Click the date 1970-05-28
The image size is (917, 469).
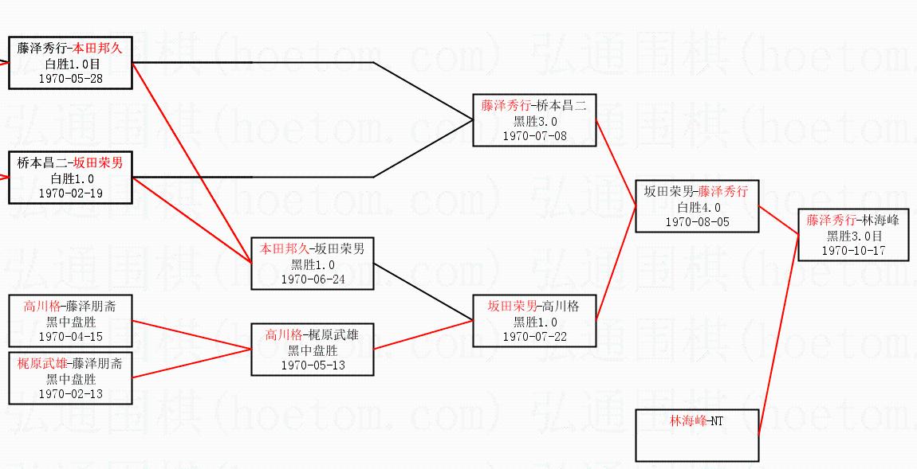point(70,78)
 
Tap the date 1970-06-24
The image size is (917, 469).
point(313,279)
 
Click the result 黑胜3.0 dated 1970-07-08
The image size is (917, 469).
point(535,121)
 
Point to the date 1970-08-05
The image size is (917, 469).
point(697,222)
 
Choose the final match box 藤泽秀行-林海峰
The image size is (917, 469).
point(854,235)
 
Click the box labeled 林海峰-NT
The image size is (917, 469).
point(696,435)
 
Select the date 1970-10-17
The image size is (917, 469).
point(854,250)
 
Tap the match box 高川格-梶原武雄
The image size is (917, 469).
point(312,350)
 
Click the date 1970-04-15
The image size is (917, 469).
point(70,336)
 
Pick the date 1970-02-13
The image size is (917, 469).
point(70,393)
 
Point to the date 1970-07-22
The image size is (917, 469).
point(534,336)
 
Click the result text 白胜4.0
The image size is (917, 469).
point(697,207)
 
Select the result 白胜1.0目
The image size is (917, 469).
point(70,64)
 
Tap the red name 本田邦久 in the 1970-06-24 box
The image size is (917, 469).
point(283,248)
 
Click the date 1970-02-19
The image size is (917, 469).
point(70,193)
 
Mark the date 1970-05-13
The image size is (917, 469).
point(312,365)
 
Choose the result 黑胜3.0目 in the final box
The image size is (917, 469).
point(854,236)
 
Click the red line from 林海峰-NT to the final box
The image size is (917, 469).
point(778,334)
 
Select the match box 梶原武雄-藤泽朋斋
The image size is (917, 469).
point(70,378)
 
